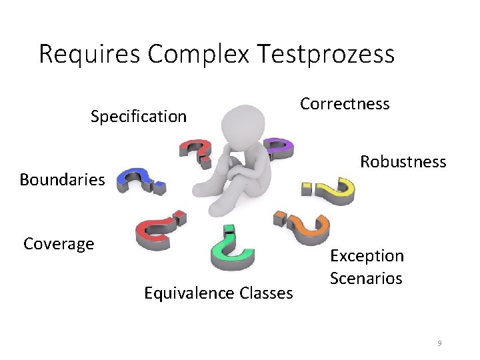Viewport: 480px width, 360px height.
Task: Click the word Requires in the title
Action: click(90, 54)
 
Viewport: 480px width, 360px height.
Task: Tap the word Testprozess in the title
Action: click(329, 54)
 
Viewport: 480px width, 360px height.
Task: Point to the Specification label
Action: click(139, 117)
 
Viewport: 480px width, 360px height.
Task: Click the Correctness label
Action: click(345, 104)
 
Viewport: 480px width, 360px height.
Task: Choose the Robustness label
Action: click(403, 162)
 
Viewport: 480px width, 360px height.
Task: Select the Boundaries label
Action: click(62, 179)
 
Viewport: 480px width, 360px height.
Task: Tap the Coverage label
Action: click(59, 244)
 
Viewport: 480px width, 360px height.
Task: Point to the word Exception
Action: click(367, 256)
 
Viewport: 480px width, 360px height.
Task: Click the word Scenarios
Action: click(366, 278)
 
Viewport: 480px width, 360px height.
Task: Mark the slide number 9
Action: click(439, 343)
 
